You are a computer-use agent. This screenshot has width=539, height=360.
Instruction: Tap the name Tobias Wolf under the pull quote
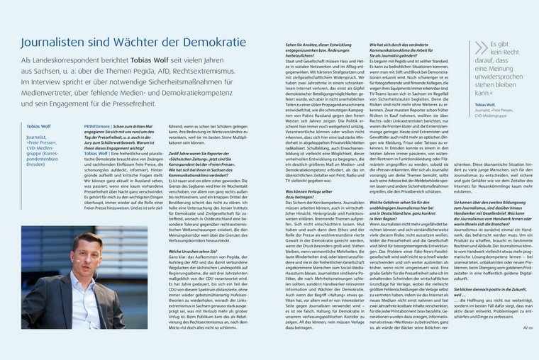click(485, 105)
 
